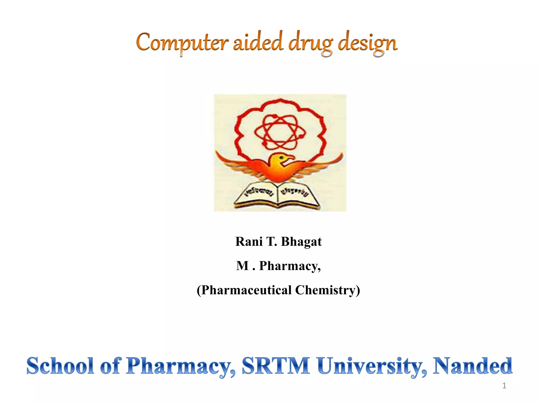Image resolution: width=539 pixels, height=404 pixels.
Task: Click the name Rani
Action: [x=249, y=241]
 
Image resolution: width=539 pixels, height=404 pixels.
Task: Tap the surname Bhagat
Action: [x=301, y=241]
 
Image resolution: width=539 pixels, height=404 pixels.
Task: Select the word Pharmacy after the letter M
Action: [x=290, y=266]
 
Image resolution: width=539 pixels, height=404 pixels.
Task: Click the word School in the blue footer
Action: [x=60, y=366]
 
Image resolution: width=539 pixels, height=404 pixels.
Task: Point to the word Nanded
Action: [x=473, y=366]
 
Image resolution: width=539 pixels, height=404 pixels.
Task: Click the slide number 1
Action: [x=504, y=386]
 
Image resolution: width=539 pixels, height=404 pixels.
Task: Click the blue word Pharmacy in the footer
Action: [x=181, y=366]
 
